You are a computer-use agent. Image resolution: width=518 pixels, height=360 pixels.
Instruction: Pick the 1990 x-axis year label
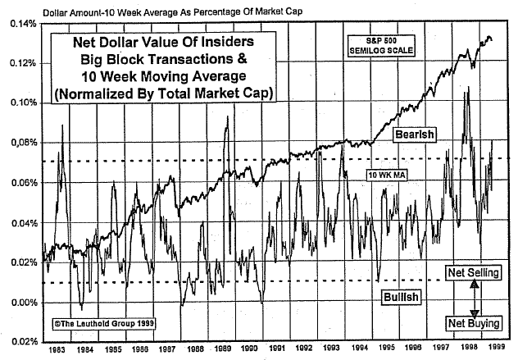click(248, 349)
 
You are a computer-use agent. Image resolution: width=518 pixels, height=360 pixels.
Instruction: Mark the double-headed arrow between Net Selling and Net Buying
click(474, 298)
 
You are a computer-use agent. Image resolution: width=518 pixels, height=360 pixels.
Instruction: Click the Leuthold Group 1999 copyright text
click(90, 322)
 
